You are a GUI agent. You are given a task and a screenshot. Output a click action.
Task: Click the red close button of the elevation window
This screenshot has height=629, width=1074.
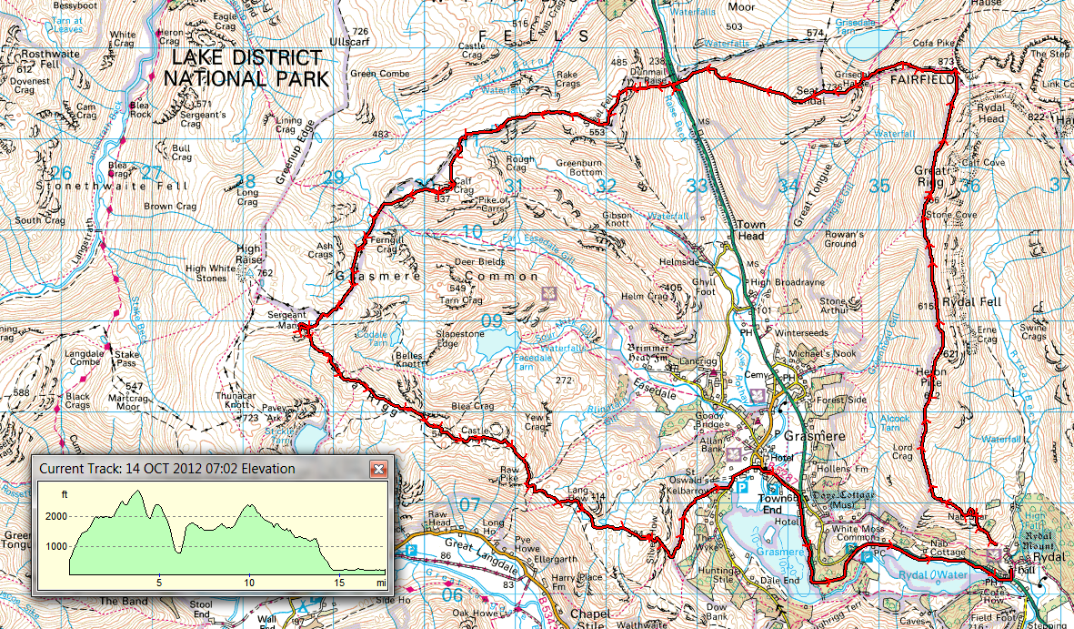(379, 469)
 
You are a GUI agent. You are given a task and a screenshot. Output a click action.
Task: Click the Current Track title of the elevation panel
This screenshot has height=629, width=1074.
(166, 469)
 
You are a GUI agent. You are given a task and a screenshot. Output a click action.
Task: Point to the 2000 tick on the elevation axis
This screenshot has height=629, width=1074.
(55, 516)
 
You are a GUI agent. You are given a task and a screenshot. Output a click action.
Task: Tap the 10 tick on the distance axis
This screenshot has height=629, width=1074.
(249, 583)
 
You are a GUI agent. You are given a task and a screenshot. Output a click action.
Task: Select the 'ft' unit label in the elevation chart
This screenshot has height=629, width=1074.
(64, 494)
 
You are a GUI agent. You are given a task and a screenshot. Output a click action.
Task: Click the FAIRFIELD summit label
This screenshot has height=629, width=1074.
(922, 80)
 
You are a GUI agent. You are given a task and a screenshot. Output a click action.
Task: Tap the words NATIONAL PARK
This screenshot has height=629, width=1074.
(246, 78)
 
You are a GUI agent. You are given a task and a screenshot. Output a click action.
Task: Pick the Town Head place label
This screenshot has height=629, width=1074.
(751, 229)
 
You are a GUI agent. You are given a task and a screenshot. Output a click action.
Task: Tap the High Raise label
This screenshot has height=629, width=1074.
(248, 254)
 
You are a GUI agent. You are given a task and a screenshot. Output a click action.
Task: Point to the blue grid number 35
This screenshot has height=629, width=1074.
(878, 186)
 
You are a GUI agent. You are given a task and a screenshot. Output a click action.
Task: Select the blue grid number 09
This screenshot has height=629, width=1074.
(491, 320)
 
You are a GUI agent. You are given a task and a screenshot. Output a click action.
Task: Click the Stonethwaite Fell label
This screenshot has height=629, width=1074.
(112, 185)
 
